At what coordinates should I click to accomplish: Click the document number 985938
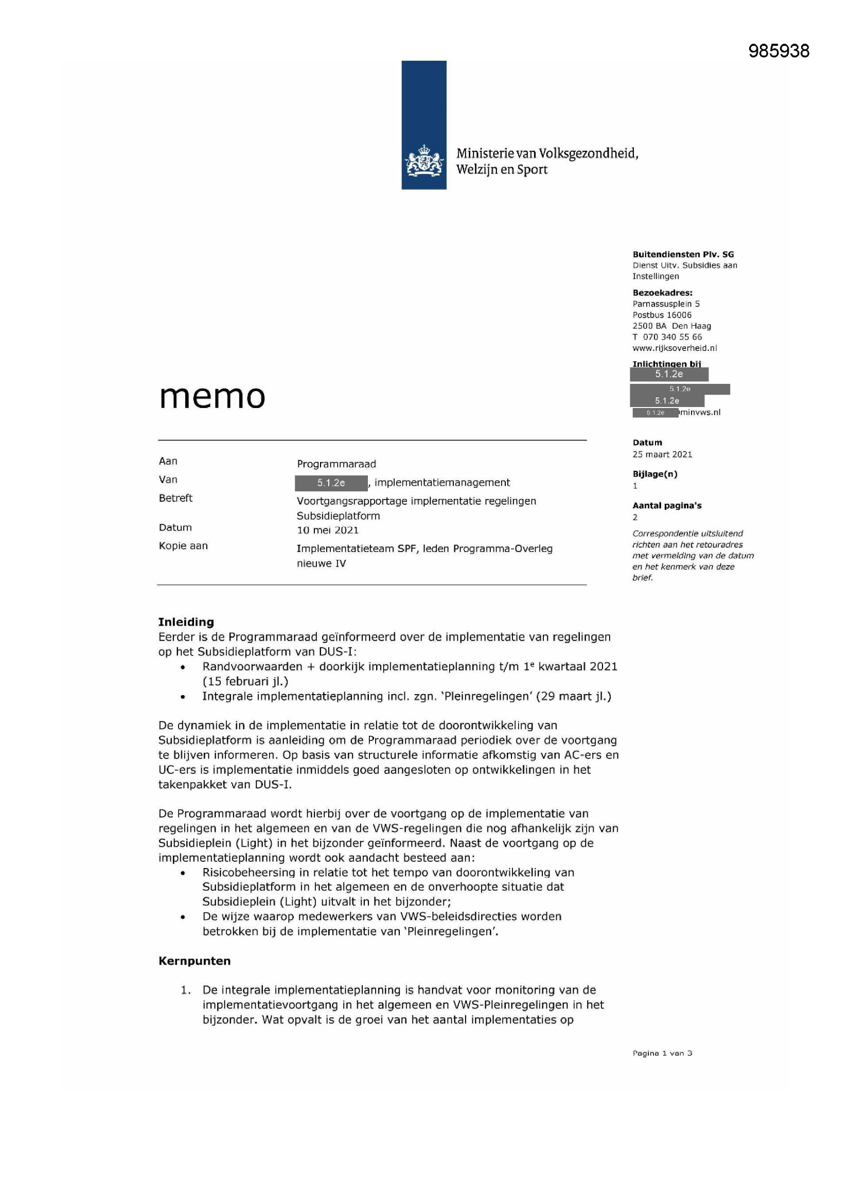point(778,51)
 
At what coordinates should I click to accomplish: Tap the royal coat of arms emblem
point(423,162)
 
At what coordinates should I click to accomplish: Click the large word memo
point(212,396)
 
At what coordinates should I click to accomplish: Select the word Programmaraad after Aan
point(336,464)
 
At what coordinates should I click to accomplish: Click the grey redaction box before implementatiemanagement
point(331,483)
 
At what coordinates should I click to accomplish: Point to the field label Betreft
point(175,498)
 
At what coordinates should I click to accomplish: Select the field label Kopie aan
point(183,545)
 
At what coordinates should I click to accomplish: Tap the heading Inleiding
point(186,622)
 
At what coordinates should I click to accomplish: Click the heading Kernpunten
point(194,961)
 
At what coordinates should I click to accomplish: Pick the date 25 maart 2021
point(662,454)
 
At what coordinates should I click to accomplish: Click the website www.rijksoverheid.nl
point(675,348)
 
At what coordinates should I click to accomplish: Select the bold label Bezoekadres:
point(662,293)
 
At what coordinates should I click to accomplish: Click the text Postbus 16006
point(662,315)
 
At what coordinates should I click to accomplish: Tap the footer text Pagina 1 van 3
point(662,1053)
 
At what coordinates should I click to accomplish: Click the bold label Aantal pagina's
point(666,506)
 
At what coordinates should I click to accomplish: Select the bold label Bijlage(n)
point(654,474)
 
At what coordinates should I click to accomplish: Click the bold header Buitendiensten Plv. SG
point(683,255)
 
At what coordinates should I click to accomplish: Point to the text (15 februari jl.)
point(245,681)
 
